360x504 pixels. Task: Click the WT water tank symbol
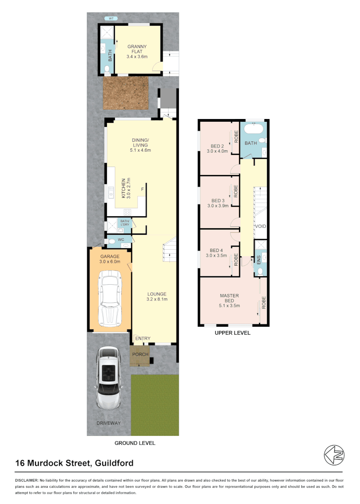tap(111, 19)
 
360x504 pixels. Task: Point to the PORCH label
tap(140, 354)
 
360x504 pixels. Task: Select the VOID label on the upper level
tap(260, 226)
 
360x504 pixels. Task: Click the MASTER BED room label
tap(229, 299)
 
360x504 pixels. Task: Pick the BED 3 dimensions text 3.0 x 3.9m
tap(217, 205)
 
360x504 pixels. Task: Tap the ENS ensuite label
tap(258, 259)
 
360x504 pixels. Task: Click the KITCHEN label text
tap(124, 188)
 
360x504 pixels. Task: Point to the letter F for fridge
tap(143, 189)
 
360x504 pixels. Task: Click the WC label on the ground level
tap(120, 240)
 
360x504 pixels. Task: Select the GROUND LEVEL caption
tap(135, 443)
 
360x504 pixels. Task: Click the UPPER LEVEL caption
tap(232, 333)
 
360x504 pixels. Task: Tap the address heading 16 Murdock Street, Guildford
tap(75, 463)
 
